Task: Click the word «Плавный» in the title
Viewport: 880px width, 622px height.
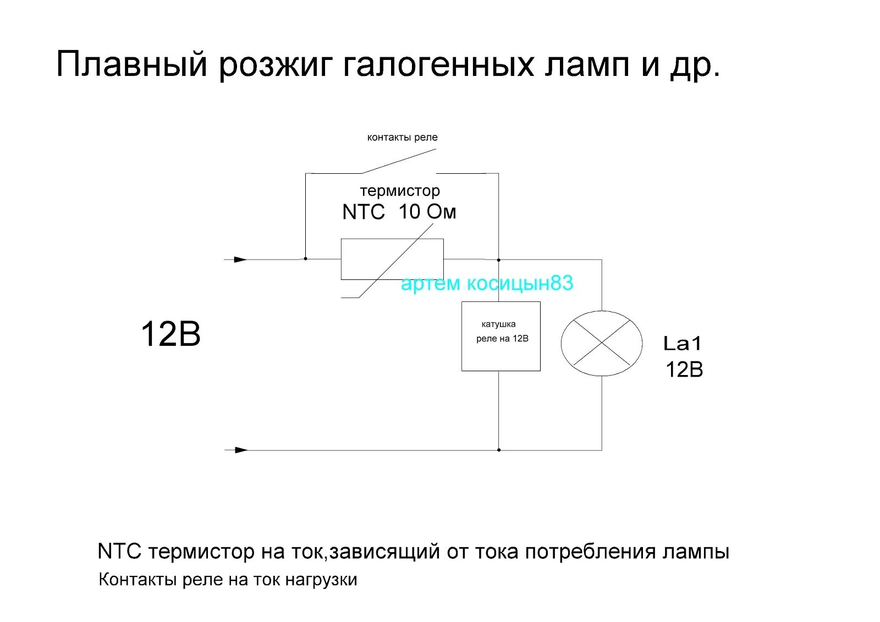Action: pos(132,64)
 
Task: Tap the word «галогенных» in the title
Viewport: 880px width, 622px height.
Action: pos(438,64)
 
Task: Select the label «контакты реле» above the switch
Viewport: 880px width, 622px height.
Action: pos(402,137)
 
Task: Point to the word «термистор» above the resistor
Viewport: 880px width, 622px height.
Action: pos(400,191)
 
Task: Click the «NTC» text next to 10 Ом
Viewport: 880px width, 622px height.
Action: pos(363,212)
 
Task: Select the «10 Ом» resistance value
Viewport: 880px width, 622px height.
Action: pos(427,212)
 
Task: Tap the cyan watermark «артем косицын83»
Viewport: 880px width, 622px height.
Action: pos(487,283)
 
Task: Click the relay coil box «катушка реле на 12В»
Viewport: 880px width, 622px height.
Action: pos(501,336)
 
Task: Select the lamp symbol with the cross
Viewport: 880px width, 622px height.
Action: pos(601,343)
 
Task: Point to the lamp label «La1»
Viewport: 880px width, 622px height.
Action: pos(683,344)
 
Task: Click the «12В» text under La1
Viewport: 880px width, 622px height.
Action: pos(684,370)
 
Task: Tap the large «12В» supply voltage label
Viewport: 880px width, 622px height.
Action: pos(170,334)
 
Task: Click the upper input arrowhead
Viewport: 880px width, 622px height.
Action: pos(240,259)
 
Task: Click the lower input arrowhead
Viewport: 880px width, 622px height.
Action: pos(241,450)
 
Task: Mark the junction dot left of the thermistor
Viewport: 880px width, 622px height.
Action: pos(305,258)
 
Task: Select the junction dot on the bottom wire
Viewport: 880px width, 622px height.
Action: pos(499,450)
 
